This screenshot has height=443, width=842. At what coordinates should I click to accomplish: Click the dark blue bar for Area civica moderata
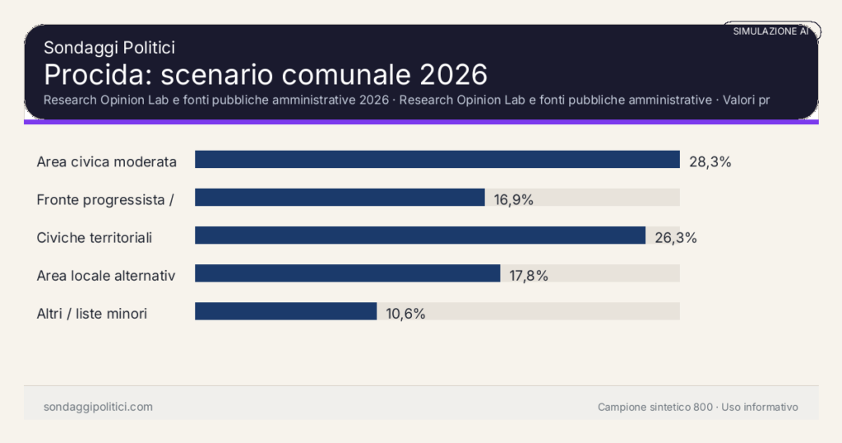pyautogui.click(x=437, y=160)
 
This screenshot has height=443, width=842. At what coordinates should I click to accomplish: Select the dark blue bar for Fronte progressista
pyautogui.click(x=340, y=198)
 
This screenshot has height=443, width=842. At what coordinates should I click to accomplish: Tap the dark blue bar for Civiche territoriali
pyautogui.click(x=419, y=235)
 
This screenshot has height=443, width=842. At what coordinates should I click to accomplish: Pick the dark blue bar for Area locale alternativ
pyautogui.click(x=347, y=273)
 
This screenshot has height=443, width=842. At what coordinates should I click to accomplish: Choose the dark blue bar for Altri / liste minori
pyautogui.click(x=285, y=311)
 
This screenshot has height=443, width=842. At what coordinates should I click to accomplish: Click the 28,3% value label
pyautogui.click(x=710, y=161)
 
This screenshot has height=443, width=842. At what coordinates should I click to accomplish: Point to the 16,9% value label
pyautogui.click(x=514, y=199)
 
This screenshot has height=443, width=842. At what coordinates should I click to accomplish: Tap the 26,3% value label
pyautogui.click(x=676, y=238)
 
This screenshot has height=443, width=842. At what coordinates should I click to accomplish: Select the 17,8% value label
pyautogui.click(x=529, y=276)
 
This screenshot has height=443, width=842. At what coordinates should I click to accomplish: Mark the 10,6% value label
pyautogui.click(x=405, y=314)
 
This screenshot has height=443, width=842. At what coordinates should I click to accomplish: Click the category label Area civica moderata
pyautogui.click(x=107, y=161)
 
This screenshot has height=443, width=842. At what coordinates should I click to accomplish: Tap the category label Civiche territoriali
pyautogui.click(x=95, y=237)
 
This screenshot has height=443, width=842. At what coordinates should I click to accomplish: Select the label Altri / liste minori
pyautogui.click(x=92, y=313)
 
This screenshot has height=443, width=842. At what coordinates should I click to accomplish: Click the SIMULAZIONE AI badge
pyautogui.click(x=771, y=31)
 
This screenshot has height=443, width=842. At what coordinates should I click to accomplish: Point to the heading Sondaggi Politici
pyautogui.click(x=109, y=48)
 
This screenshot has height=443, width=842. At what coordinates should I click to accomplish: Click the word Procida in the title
pyautogui.click(x=97, y=74)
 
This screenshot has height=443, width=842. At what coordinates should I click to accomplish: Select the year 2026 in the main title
pyautogui.click(x=453, y=74)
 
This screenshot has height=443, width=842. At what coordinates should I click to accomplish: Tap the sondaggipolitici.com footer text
pyautogui.click(x=98, y=407)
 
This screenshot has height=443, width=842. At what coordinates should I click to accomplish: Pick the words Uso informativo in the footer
pyautogui.click(x=760, y=407)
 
